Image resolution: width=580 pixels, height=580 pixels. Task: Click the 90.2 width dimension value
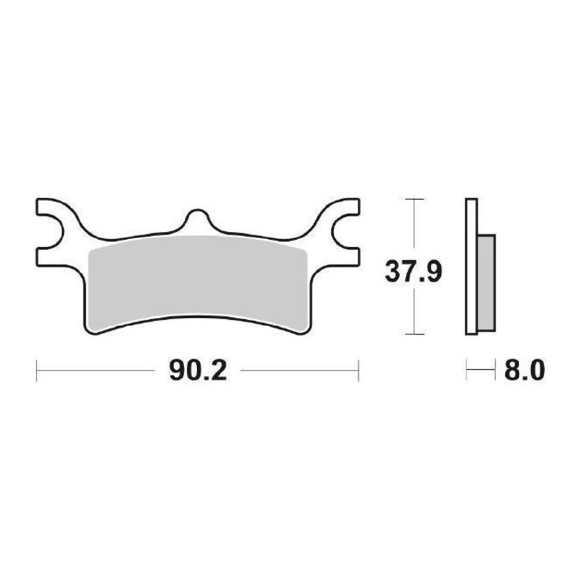197,371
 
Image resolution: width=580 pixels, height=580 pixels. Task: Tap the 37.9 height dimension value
414,272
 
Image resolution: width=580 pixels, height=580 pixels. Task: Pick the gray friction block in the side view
486,282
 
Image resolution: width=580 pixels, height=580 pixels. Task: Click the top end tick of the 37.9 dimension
414,199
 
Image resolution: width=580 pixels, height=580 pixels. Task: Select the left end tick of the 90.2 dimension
37,371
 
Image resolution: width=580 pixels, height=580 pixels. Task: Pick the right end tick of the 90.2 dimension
358,371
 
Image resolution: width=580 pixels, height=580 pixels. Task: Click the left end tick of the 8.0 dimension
466,371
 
